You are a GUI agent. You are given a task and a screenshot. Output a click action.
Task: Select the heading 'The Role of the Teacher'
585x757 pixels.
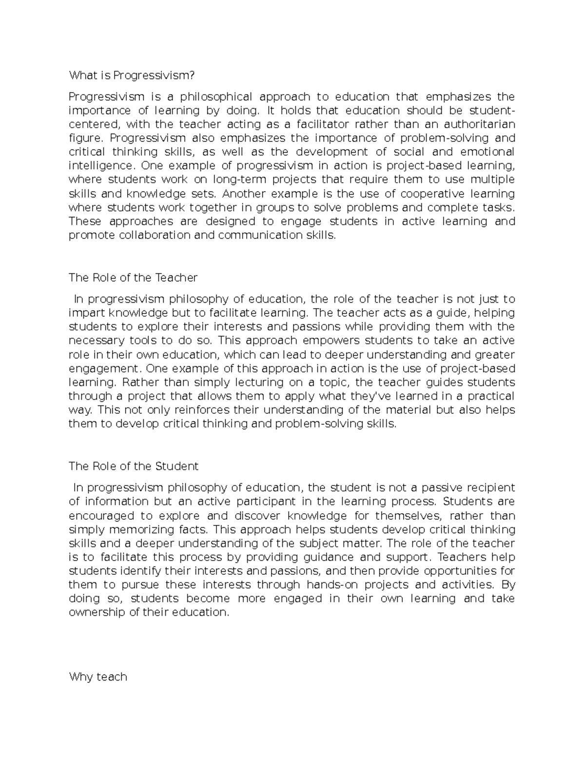click(x=133, y=278)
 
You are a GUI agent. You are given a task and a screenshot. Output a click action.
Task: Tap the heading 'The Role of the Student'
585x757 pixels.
click(x=134, y=466)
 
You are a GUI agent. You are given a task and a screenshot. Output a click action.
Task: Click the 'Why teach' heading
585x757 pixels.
click(x=98, y=677)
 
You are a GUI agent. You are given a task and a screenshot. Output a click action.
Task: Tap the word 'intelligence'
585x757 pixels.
click(x=100, y=166)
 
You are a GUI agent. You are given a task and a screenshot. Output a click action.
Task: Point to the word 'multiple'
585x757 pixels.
click(x=492, y=180)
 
